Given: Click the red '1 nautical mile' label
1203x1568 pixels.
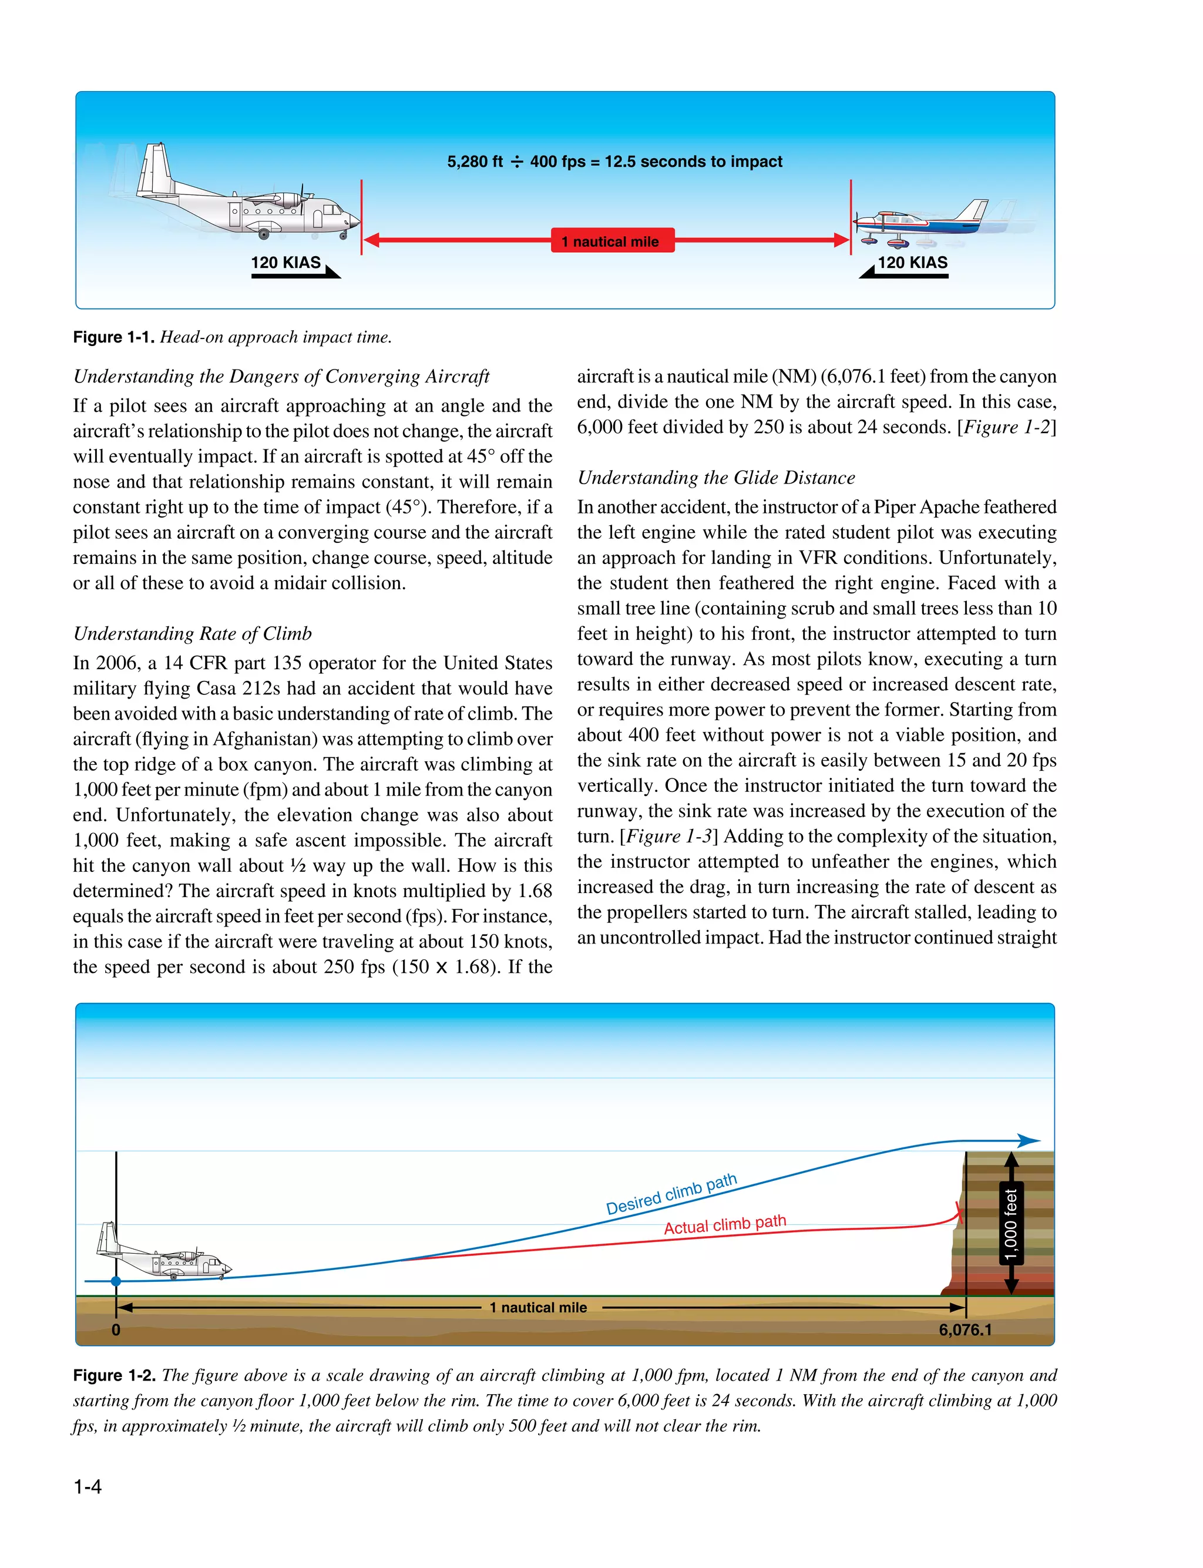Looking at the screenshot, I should [612, 241].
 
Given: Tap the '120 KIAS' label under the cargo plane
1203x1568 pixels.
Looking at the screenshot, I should [285, 263].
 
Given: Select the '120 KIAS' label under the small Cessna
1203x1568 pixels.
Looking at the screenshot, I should [912, 263].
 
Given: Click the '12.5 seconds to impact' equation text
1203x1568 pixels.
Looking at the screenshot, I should [614, 162].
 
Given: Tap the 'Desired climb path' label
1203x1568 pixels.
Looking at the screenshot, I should [671, 1194].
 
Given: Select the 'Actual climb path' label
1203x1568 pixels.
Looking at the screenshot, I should [725, 1224].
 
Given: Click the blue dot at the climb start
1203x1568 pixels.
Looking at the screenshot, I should [116, 1281].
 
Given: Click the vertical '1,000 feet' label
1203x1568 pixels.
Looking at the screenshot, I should [1010, 1224].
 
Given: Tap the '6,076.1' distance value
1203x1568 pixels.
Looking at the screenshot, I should [965, 1330].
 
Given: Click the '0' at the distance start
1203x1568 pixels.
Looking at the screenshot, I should [116, 1330].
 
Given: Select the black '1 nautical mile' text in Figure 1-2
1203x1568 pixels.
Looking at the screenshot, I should [538, 1307].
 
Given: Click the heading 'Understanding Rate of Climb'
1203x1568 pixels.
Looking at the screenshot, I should [193, 634].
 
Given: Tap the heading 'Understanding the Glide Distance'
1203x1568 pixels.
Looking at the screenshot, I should [716, 478].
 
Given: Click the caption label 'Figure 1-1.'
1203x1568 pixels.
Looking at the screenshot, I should [113, 337].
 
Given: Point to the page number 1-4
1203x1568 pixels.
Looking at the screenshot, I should [88, 1487].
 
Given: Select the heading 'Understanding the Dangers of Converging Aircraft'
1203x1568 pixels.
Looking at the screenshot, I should [281, 377].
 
